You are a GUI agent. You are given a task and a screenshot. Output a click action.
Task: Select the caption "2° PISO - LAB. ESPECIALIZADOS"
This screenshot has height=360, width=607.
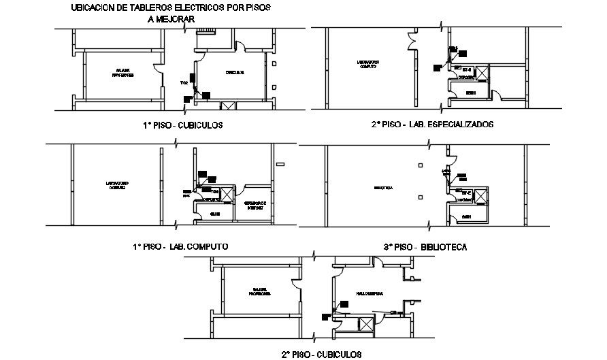433,125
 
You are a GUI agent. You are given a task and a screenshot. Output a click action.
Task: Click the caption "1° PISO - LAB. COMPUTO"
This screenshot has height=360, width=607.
181,246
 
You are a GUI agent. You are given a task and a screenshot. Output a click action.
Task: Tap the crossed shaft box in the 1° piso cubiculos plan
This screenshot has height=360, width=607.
228,105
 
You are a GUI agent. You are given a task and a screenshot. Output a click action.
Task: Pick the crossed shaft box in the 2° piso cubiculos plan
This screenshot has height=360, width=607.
365,325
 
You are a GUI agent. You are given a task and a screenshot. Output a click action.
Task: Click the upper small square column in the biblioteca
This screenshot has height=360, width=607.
421,165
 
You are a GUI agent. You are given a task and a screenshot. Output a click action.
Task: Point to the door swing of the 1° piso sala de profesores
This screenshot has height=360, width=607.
158,67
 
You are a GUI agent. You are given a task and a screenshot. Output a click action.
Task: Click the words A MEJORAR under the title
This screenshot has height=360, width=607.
170,19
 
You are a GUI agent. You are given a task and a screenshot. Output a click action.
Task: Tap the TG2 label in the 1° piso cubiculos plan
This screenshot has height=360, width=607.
184,83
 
